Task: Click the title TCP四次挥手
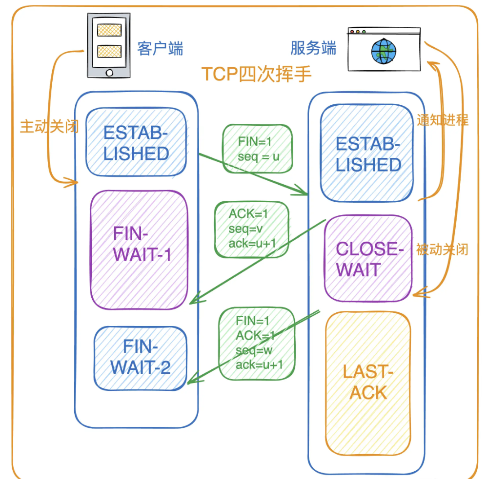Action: (257, 75)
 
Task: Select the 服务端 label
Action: (313, 48)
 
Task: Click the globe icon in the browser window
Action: (384, 52)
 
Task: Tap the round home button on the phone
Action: (109, 73)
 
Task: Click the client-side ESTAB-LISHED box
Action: (136, 143)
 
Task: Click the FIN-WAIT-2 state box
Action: (141, 357)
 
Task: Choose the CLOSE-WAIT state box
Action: (368, 258)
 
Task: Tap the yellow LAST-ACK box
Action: (368, 382)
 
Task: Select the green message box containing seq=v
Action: (252, 229)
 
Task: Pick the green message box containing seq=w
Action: (257, 343)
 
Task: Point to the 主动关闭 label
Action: (49, 126)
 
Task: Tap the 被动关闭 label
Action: (442, 249)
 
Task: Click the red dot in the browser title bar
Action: (351, 32)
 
